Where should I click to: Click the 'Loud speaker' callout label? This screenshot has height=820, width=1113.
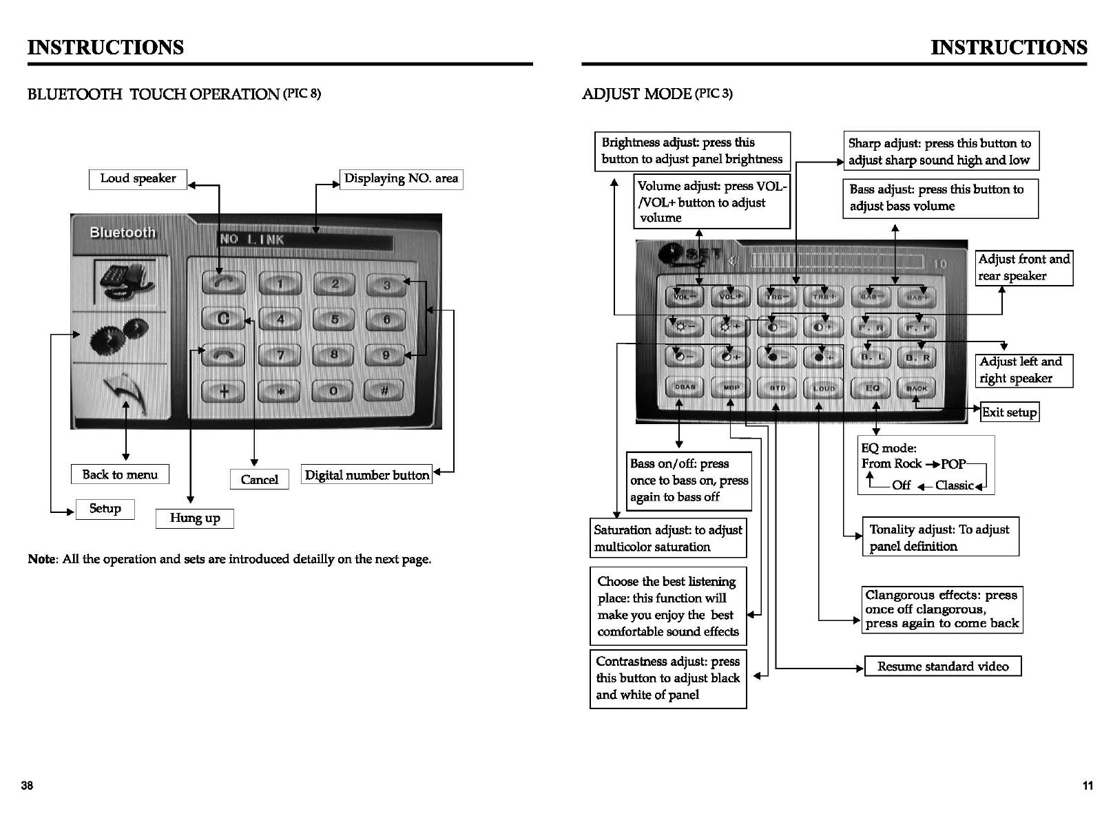(138, 179)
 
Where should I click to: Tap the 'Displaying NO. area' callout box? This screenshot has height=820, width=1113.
(401, 179)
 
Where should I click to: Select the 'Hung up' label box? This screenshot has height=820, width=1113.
(195, 518)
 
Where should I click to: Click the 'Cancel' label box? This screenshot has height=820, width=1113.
(259, 480)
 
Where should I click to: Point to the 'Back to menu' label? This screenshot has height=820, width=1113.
(120, 474)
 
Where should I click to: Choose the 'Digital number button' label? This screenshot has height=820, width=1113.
(366, 475)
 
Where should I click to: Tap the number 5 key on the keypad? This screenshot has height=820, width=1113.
(334, 319)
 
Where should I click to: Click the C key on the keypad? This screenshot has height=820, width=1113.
(223, 319)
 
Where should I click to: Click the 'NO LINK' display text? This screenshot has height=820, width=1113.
(251, 240)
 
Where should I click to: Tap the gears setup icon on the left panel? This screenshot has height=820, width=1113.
(118, 337)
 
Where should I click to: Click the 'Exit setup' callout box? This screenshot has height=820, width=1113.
(1009, 412)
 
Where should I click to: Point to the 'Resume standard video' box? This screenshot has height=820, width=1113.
(942, 666)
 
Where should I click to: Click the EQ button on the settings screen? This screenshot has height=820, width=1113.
(872, 388)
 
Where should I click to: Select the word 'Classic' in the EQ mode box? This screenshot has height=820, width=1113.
(954, 485)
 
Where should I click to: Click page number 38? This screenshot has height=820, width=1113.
(27, 786)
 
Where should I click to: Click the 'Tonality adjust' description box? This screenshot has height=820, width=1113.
(939, 537)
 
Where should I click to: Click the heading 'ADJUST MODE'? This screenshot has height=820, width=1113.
(636, 94)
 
